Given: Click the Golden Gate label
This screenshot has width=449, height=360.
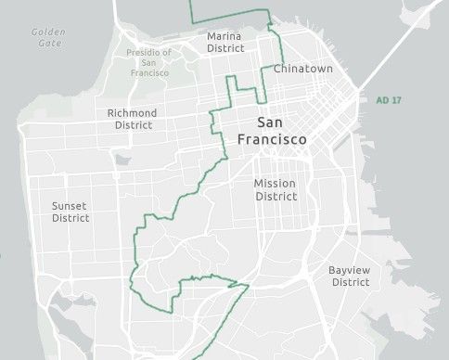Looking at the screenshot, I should click(x=47, y=37).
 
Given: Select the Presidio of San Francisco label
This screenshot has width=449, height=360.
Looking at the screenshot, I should click(x=148, y=62).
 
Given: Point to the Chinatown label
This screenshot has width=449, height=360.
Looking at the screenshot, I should click(x=302, y=69).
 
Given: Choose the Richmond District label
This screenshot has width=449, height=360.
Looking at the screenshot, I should click(x=133, y=118).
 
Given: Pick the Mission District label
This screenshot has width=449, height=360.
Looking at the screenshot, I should click(x=276, y=189).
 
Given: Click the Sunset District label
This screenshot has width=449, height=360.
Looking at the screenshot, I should click(x=71, y=212).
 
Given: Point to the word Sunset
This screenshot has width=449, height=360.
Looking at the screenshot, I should click(x=71, y=206).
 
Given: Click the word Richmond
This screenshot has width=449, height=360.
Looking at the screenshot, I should click(x=133, y=112).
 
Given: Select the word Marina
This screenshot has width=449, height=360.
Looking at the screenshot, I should click(x=225, y=35).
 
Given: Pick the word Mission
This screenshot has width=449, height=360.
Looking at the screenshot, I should click(x=276, y=184).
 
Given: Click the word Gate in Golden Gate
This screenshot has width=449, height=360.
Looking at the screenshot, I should click(x=47, y=44).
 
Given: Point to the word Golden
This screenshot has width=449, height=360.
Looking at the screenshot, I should click(x=47, y=32).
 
